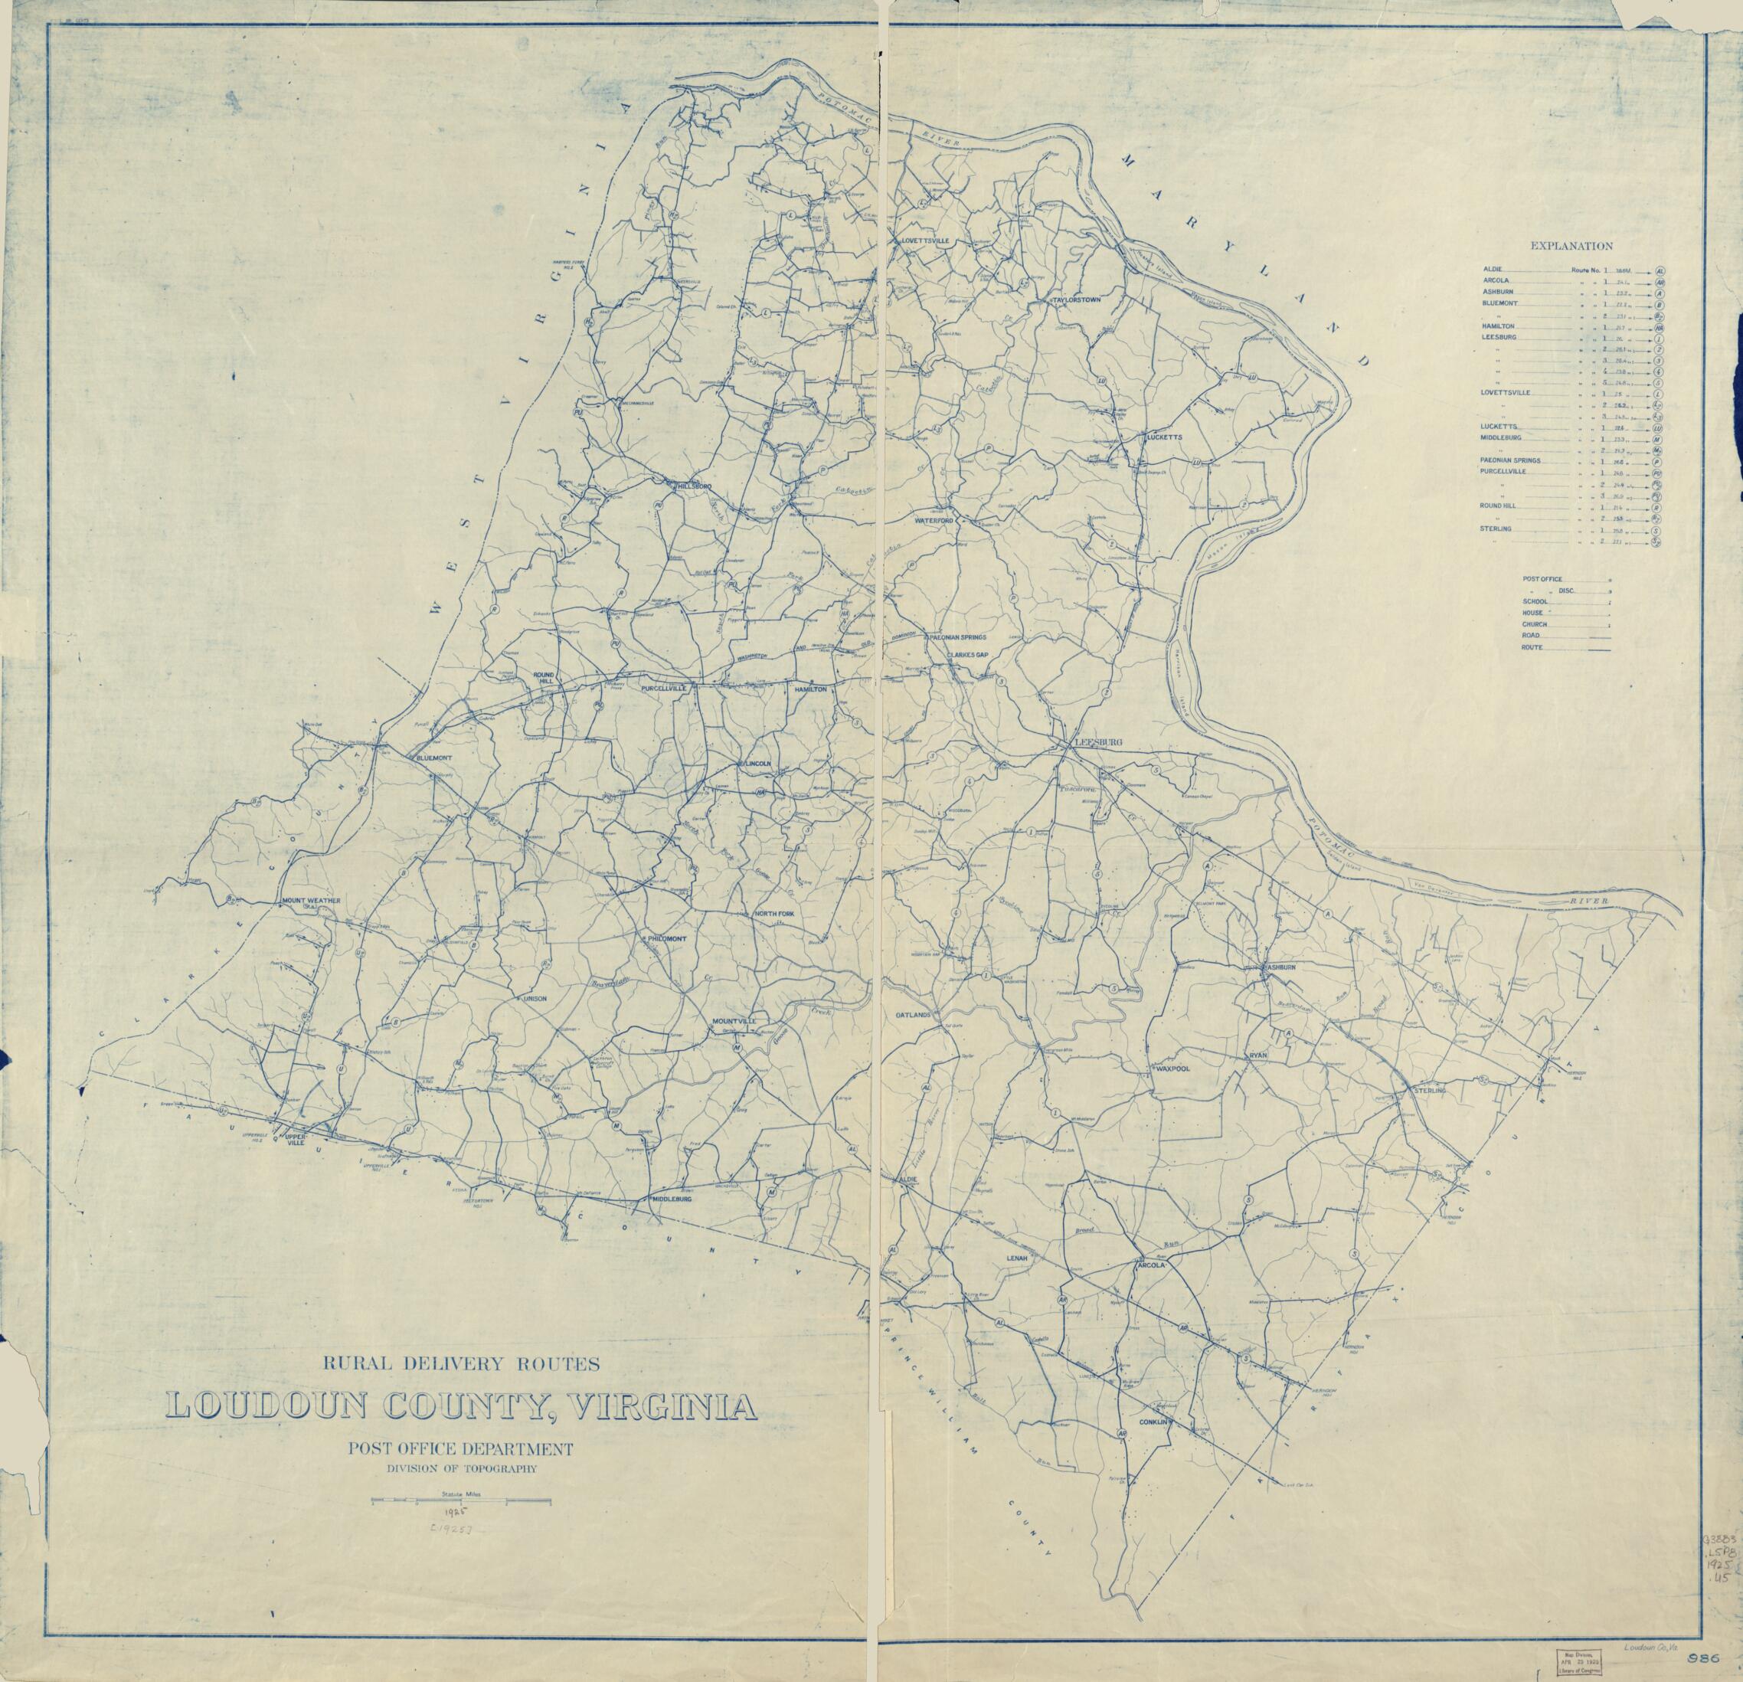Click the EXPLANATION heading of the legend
(x=1571, y=247)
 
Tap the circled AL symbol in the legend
(x=1660, y=270)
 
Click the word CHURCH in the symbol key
(x=1534, y=624)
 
